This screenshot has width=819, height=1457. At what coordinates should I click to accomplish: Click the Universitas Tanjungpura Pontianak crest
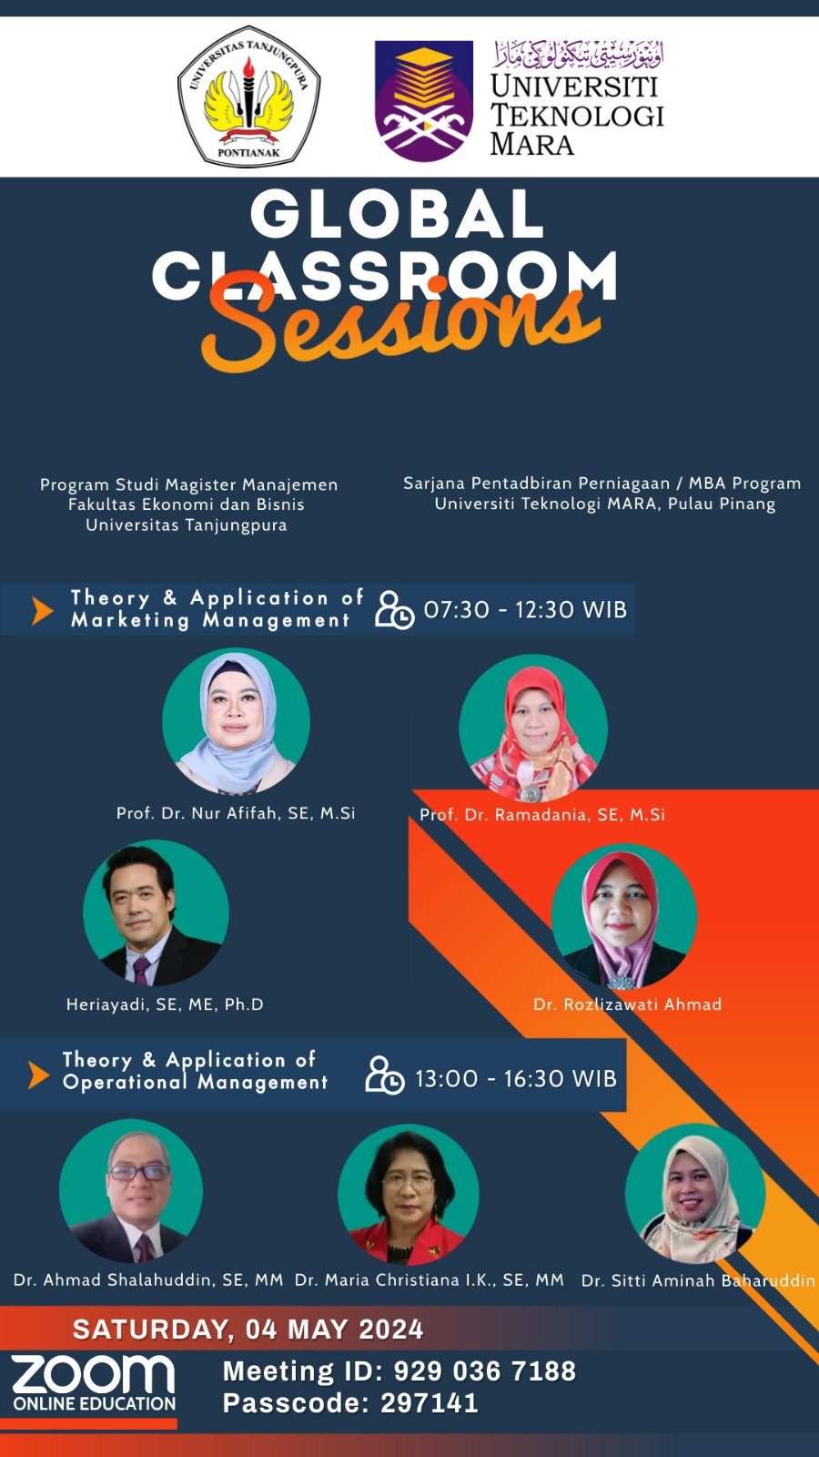[x=249, y=96]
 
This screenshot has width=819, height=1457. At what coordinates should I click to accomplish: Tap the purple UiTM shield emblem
[x=424, y=101]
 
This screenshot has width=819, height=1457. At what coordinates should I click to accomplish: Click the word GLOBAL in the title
[x=397, y=214]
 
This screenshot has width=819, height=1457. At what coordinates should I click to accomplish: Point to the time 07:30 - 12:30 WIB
[x=525, y=609]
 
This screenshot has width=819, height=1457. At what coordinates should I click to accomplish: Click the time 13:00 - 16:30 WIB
[x=516, y=1078]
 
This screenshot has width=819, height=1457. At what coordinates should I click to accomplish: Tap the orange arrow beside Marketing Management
[x=42, y=611]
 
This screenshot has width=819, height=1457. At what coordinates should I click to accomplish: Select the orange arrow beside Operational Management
[x=38, y=1075]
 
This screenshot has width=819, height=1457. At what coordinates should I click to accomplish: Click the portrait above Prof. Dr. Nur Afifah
[x=236, y=721]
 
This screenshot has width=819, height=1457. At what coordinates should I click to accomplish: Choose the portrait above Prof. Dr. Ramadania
[x=533, y=728]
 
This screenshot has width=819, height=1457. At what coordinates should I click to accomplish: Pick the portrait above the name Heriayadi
[x=156, y=912]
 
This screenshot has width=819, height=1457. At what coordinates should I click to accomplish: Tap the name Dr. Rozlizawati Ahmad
[x=627, y=1004]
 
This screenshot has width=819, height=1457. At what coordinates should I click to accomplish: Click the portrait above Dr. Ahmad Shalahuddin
[x=131, y=1190]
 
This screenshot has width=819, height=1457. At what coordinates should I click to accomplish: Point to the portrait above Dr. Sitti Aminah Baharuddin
[x=695, y=1194]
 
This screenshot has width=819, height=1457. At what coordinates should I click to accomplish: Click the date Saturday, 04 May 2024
[x=248, y=1330]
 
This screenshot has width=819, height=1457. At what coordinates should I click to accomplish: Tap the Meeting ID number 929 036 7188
[x=485, y=1371]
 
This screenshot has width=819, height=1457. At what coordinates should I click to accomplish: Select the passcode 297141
[x=430, y=1403]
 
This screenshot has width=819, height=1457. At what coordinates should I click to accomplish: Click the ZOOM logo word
[x=93, y=1374]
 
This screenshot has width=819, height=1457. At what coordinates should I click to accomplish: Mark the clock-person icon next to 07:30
[x=394, y=610]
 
